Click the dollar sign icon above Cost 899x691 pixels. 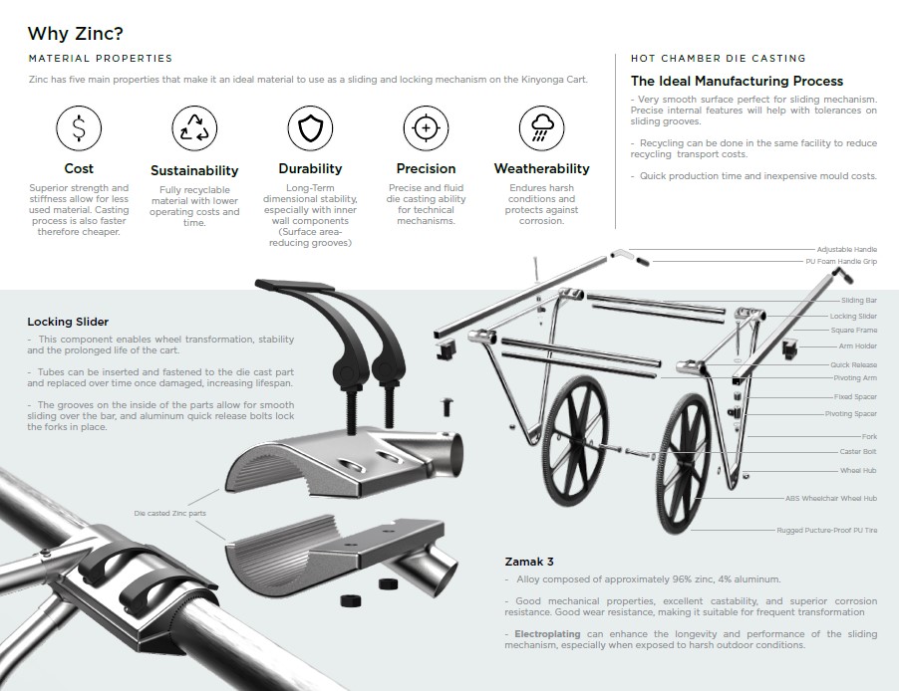pyautogui.click(x=79, y=127)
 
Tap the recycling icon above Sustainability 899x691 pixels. pyautogui.click(x=194, y=127)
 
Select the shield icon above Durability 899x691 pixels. pyautogui.click(x=310, y=127)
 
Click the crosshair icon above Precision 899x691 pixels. pyautogui.click(x=426, y=127)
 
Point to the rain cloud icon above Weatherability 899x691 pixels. pyautogui.click(x=542, y=127)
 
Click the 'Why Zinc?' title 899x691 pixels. pyautogui.click(x=75, y=33)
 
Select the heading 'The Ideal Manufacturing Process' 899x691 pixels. pyautogui.click(x=737, y=81)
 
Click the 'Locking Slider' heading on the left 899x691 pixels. pyautogui.click(x=68, y=322)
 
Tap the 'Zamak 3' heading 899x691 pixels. pyautogui.click(x=529, y=562)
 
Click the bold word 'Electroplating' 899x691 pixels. pyautogui.click(x=547, y=633)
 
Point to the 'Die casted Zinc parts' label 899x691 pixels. pyautogui.click(x=169, y=514)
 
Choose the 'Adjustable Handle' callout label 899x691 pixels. pyautogui.click(x=847, y=249)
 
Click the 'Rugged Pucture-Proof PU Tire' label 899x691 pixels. pyautogui.click(x=827, y=530)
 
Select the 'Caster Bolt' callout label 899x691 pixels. pyautogui.click(x=858, y=451)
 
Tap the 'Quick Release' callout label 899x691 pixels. pyautogui.click(x=854, y=364)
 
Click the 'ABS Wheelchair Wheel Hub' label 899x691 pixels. pyautogui.click(x=831, y=498)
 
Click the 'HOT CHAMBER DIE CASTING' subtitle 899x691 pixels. pyautogui.click(x=718, y=59)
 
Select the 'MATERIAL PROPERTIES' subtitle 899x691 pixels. pyautogui.click(x=101, y=59)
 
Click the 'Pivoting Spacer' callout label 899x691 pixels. pyautogui.click(x=851, y=413)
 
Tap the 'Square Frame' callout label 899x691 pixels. pyautogui.click(x=854, y=330)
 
